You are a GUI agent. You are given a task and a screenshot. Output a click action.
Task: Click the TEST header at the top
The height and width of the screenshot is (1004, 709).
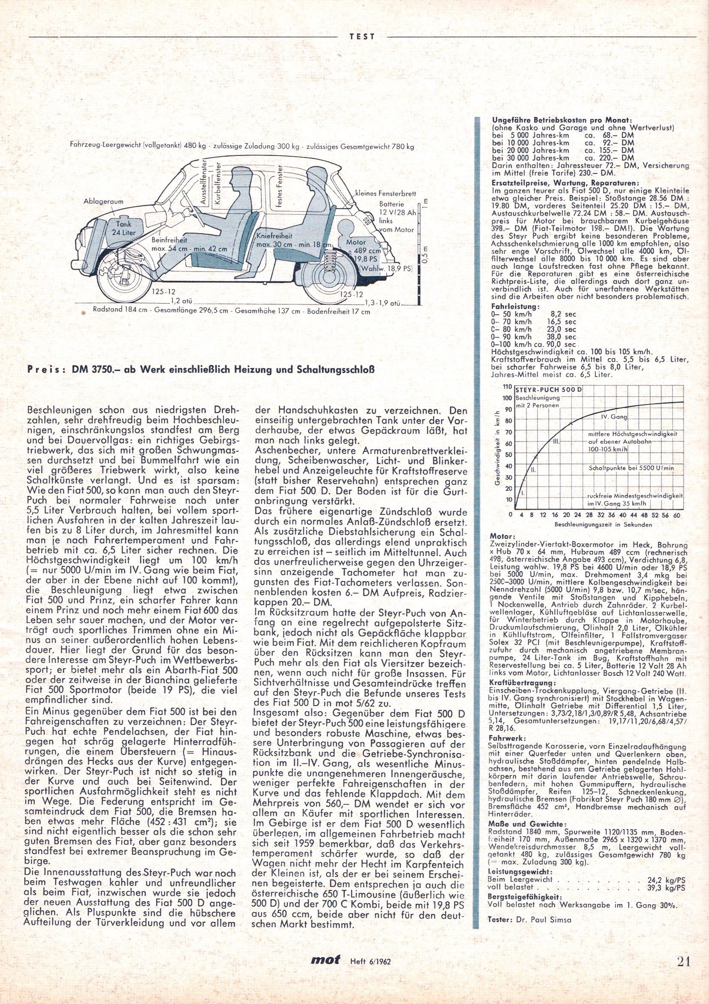[362, 37]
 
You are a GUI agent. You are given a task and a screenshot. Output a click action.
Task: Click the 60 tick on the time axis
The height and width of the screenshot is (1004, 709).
[678, 516]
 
